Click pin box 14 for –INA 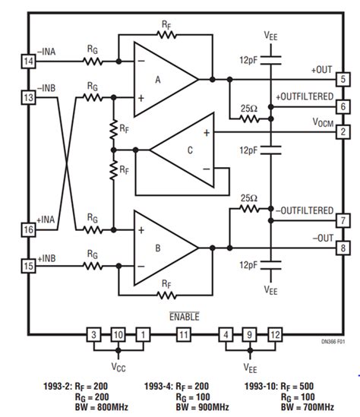[x=29, y=61]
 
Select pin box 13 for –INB [x=29, y=97]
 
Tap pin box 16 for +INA [x=29, y=229]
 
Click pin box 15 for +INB [x=29, y=265]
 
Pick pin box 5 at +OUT [x=343, y=79]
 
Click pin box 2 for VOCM [x=343, y=133]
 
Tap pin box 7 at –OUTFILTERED [x=343, y=220]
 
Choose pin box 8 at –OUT [x=343, y=248]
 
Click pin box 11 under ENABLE [x=182, y=335]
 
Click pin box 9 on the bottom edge [x=248, y=335]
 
